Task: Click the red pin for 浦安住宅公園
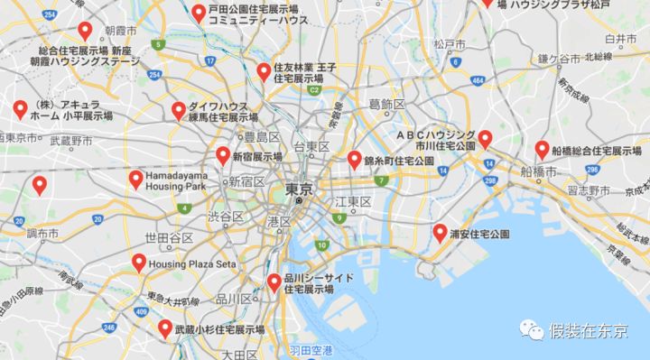point(440,232)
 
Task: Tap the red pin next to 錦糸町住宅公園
point(354,160)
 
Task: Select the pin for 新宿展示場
point(223,155)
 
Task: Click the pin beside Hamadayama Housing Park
point(136,179)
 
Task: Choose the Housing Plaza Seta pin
point(139,263)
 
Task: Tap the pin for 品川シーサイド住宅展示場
point(274,282)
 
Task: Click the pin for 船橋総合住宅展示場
point(542,149)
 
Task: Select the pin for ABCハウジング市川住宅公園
point(485,139)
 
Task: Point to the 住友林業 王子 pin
point(264,70)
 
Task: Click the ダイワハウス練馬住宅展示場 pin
point(178,110)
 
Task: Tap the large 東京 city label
point(298,189)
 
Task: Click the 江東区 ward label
point(354,200)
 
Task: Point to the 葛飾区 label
point(386,105)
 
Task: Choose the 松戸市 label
point(449,43)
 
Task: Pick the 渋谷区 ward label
point(226,217)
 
